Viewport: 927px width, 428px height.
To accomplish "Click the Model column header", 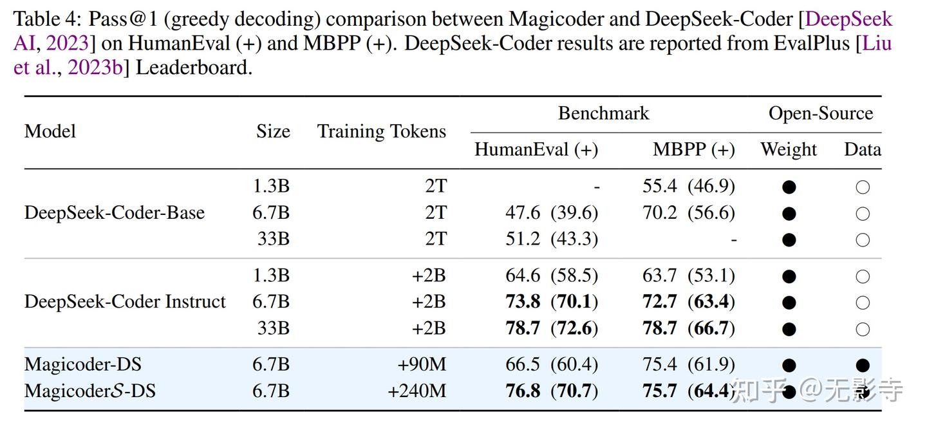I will (50, 131).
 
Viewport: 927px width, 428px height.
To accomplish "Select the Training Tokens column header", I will (381, 131).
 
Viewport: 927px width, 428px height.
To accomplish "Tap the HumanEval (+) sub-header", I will (536, 149).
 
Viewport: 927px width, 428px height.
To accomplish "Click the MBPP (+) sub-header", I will (693, 149).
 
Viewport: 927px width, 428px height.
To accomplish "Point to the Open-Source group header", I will (820, 114).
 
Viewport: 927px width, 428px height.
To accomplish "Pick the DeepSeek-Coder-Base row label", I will (115, 213).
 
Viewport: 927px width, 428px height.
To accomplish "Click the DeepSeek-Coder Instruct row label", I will (125, 302).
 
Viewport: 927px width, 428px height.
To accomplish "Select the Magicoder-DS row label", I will (83, 364).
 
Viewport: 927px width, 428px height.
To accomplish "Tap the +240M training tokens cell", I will (417, 391).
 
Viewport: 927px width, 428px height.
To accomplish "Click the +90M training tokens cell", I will (422, 364).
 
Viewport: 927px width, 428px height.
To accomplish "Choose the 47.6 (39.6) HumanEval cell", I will (551, 213).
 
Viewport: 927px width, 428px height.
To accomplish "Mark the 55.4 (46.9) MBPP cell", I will (688, 187).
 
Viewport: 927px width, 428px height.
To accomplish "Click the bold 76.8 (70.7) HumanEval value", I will (551, 391).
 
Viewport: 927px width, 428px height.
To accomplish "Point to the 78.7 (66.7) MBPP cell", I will (688, 328).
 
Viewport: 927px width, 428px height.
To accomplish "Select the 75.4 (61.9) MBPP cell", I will (688, 364).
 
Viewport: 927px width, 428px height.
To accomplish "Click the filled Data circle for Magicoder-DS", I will (863, 366).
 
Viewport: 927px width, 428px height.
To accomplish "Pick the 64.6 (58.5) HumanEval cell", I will (551, 275).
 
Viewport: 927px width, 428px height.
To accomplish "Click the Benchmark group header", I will (603, 114).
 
